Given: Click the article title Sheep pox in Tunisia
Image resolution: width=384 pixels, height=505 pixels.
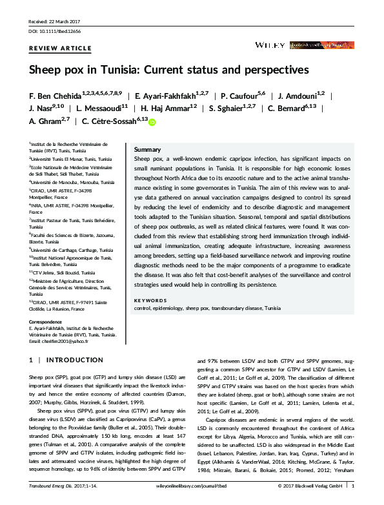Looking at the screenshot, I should point(168,68).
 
